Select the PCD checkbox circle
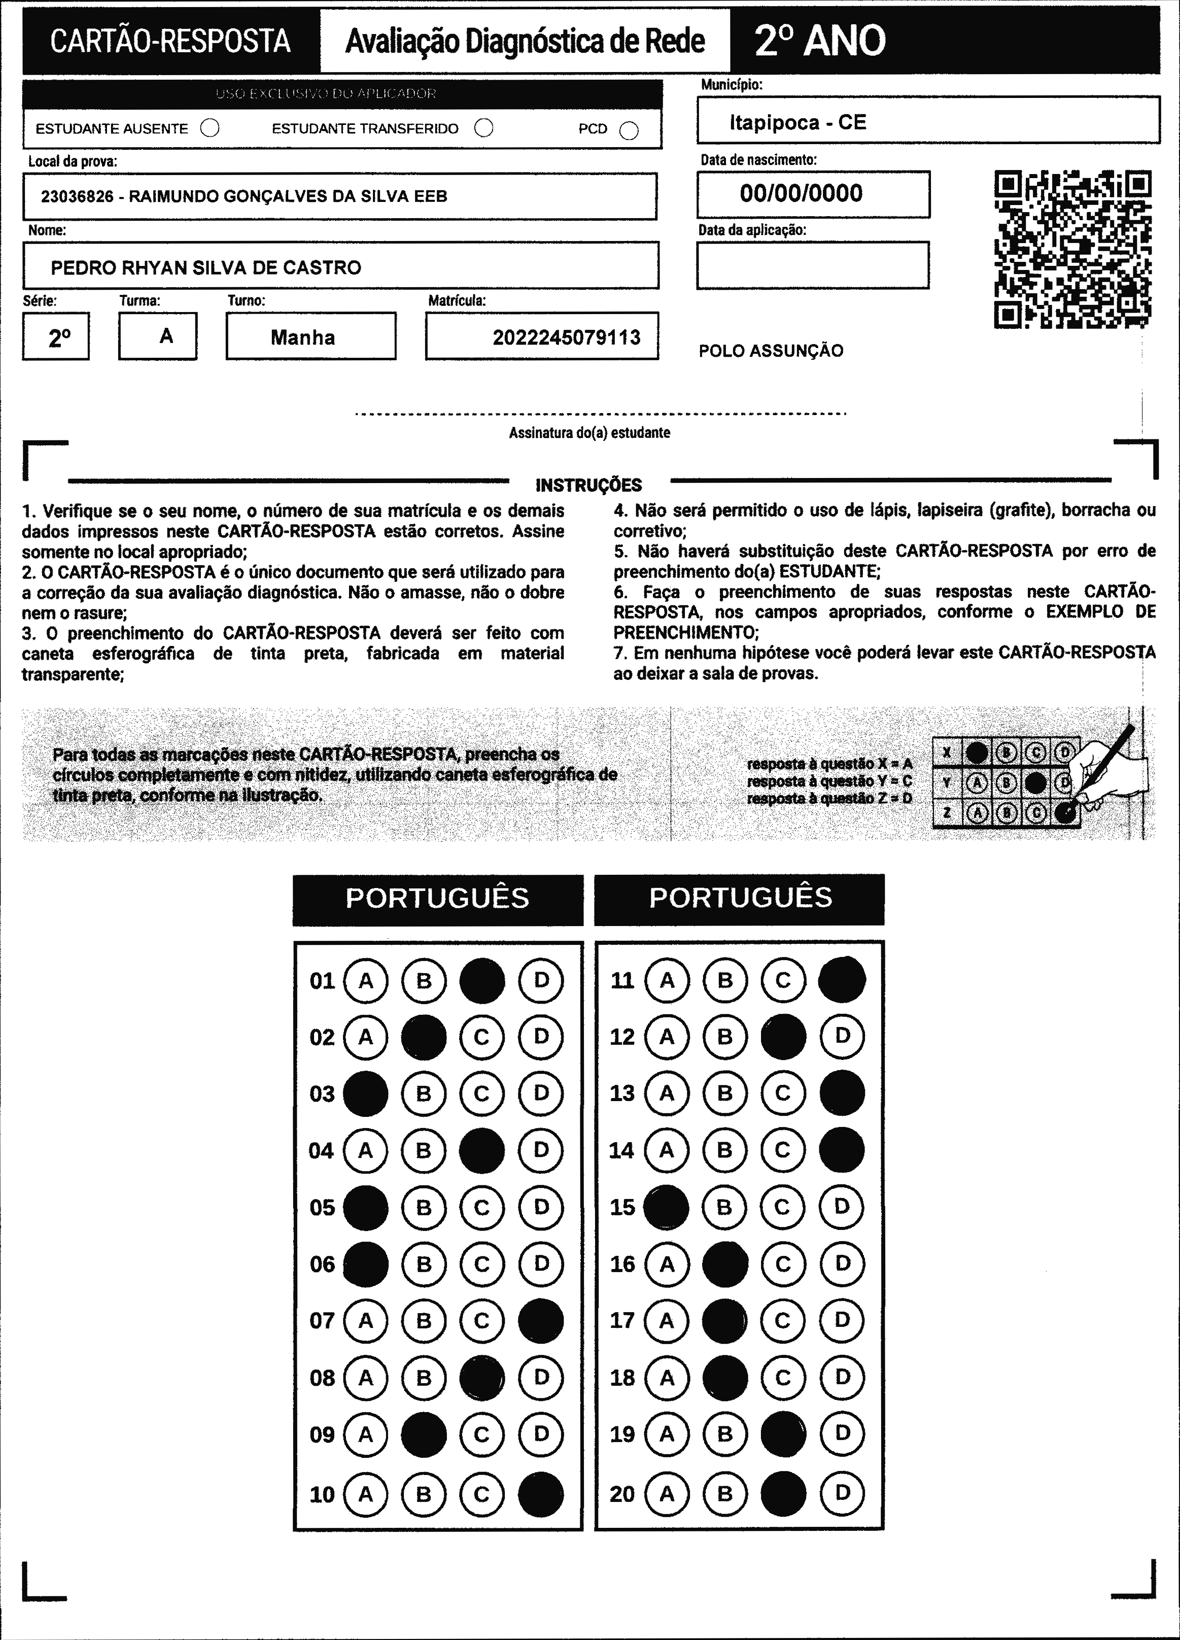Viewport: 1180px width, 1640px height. [629, 130]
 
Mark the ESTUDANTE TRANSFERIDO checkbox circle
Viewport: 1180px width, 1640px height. [483, 128]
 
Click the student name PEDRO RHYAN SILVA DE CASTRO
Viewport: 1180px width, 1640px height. [205, 267]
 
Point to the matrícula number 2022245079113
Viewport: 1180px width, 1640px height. [566, 337]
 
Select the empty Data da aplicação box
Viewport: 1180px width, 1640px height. [813, 265]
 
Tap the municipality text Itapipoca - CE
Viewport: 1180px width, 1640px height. [797, 122]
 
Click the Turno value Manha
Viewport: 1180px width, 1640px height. [303, 337]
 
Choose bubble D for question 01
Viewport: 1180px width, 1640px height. [541, 980]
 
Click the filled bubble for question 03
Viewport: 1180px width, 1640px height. [365, 1094]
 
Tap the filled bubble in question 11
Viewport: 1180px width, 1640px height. [842, 980]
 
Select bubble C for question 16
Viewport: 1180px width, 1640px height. [783, 1264]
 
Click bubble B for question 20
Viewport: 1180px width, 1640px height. [724, 1494]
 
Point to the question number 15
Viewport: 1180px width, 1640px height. [622, 1207]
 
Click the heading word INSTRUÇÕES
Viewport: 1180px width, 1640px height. [588, 485]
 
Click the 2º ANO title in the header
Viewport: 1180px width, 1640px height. [820, 41]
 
